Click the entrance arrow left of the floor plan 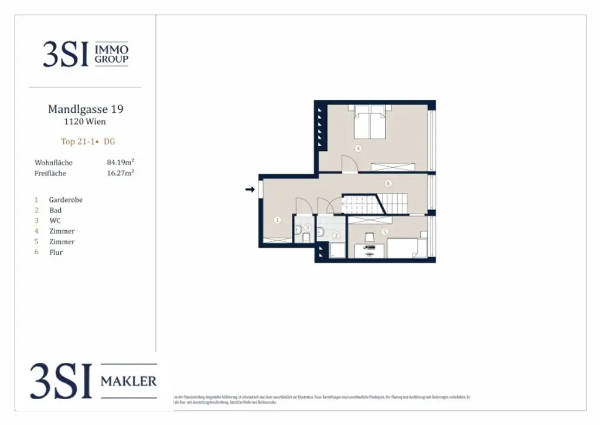250,190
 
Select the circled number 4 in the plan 358,149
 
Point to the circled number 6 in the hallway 388,183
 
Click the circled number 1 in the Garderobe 277,220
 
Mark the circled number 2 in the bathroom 336,236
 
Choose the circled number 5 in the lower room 385,232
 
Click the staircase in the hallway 384,204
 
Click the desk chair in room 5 369,237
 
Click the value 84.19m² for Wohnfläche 121,162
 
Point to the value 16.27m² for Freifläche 121,173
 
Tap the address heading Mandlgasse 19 86,109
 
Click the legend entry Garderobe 66,200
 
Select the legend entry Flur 56,252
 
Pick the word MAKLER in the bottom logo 129,382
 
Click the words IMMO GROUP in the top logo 111,55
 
